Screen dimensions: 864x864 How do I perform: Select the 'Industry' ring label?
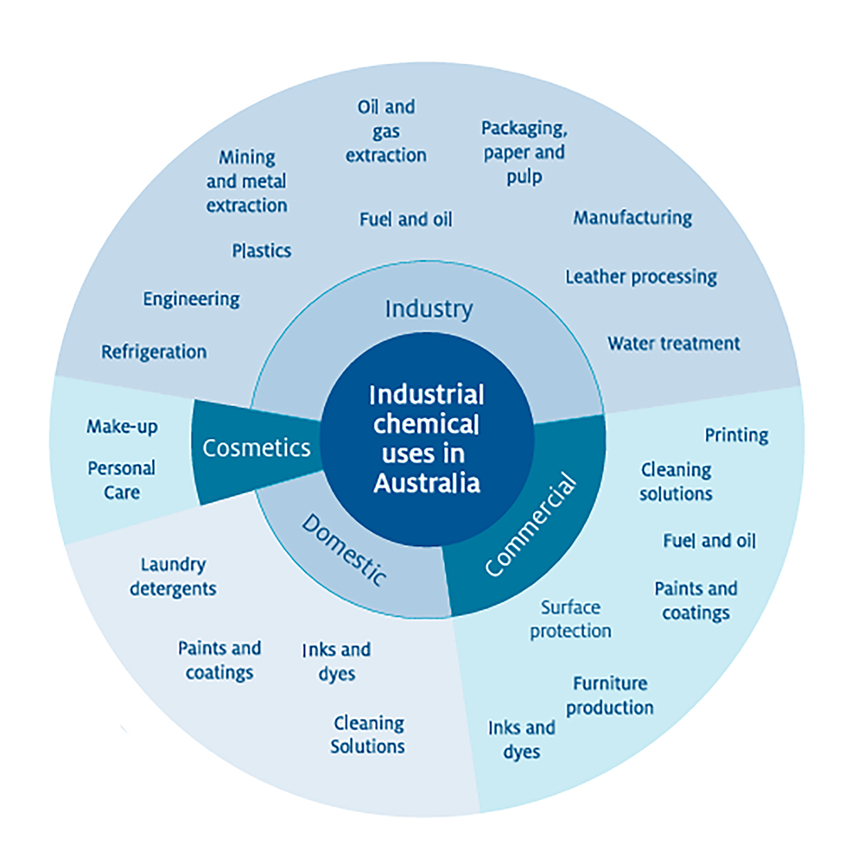tap(429, 308)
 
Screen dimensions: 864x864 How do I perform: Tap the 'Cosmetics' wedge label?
tap(256, 448)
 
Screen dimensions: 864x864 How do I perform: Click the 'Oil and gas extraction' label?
tap(386, 131)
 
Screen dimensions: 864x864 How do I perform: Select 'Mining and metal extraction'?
tap(247, 181)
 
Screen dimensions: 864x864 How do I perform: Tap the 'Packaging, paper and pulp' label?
tap(524, 152)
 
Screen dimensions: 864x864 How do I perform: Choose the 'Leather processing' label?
tap(641, 277)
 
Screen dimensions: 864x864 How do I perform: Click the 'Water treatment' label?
tap(673, 343)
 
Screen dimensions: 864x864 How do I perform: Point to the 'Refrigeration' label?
tap(154, 353)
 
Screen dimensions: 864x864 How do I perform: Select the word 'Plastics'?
tap(261, 251)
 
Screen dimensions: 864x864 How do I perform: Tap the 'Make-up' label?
tap(122, 427)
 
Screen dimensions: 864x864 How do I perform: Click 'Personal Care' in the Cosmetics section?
tap(121, 480)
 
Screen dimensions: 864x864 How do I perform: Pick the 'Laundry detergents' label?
tap(173, 576)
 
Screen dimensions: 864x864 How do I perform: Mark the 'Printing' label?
tap(736, 435)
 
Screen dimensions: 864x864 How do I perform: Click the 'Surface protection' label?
tap(570, 619)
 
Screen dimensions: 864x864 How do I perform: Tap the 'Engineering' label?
tap(191, 300)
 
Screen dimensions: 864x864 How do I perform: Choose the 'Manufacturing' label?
tap(632, 218)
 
